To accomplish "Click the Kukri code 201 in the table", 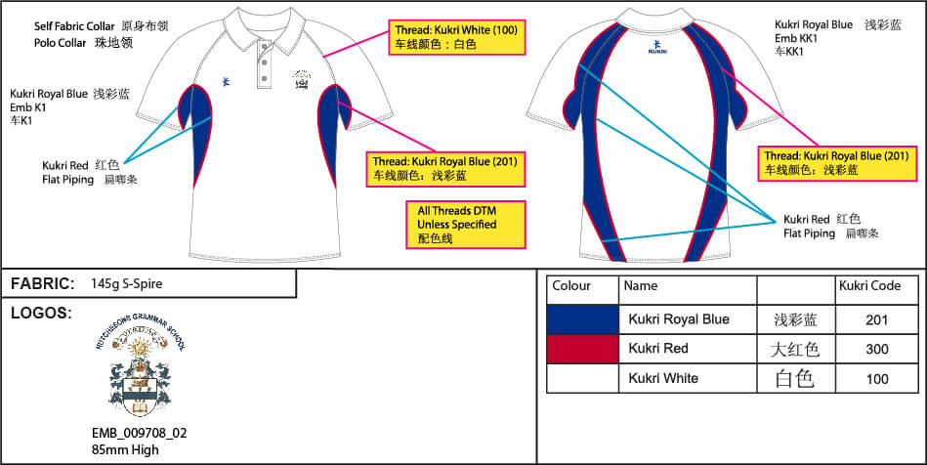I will click(876, 319).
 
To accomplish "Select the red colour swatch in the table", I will click(582, 349).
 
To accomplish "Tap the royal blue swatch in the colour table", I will click(582, 319).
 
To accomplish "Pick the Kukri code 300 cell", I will click(876, 349).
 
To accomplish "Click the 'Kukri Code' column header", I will click(869, 287).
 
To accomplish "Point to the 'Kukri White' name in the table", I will click(663, 378).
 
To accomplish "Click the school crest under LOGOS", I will click(147, 370).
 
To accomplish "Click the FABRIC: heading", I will click(43, 284).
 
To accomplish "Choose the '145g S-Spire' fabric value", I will click(126, 285).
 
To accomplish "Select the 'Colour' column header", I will click(571, 286).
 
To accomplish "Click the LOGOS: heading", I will click(42, 313).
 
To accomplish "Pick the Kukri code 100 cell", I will click(876, 378).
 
